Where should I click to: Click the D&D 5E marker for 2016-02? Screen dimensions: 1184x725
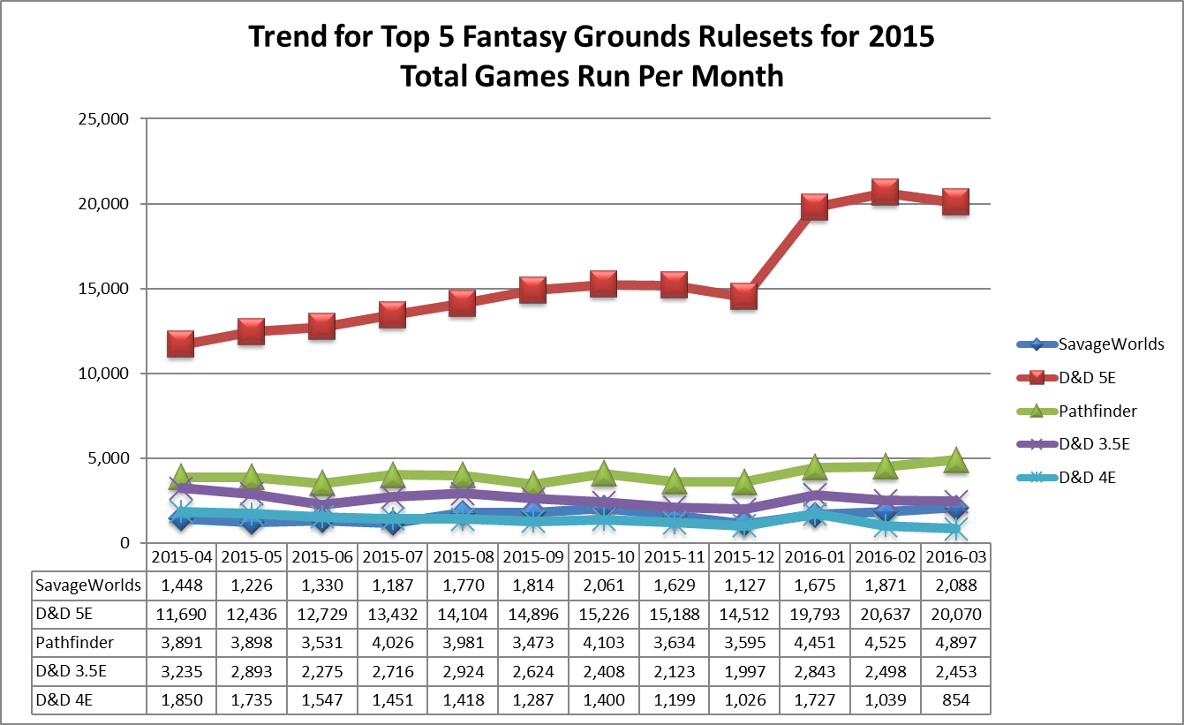pyautogui.click(x=884, y=192)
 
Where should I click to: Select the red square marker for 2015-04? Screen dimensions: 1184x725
pyautogui.click(x=180, y=344)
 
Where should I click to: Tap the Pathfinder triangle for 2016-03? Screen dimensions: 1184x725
pyautogui.click(x=955, y=460)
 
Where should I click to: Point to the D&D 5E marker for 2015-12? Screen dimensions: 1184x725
pyautogui.click(x=743, y=296)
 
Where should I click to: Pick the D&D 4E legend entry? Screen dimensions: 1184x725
pyautogui.click(x=1088, y=478)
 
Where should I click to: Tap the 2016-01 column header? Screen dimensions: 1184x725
pyautogui.click(x=814, y=558)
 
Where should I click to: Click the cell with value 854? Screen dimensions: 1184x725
pyautogui.click(x=955, y=700)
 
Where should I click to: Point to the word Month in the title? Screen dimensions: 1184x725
pyautogui.click(x=737, y=76)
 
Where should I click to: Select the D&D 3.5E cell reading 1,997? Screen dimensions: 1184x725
pyautogui.click(x=743, y=672)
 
